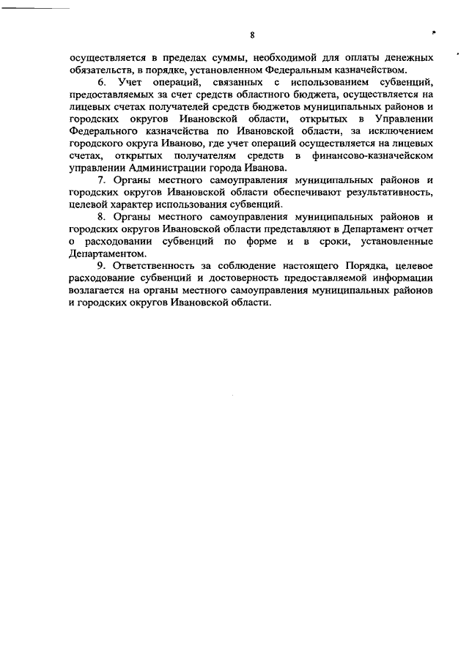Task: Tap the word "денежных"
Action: [402, 57]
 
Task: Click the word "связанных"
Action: [223, 84]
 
